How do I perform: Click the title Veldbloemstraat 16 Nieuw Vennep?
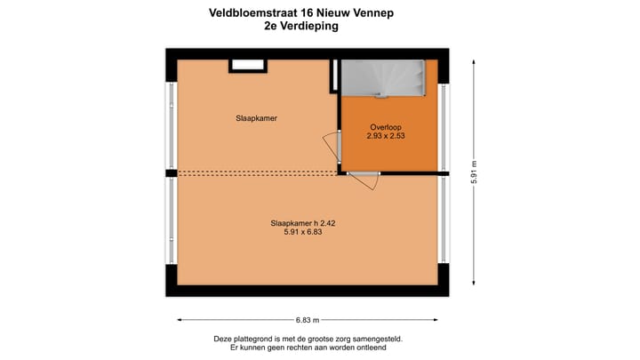tap(301, 13)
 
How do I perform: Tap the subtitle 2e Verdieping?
tap(301, 27)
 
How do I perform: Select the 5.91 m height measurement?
tap(475, 172)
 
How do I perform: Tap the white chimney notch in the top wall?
tap(248, 65)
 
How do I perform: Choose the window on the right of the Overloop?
tap(442, 125)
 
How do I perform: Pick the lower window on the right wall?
tap(442, 218)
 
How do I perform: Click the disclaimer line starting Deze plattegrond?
tap(307, 339)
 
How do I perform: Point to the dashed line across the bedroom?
tap(258, 173)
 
